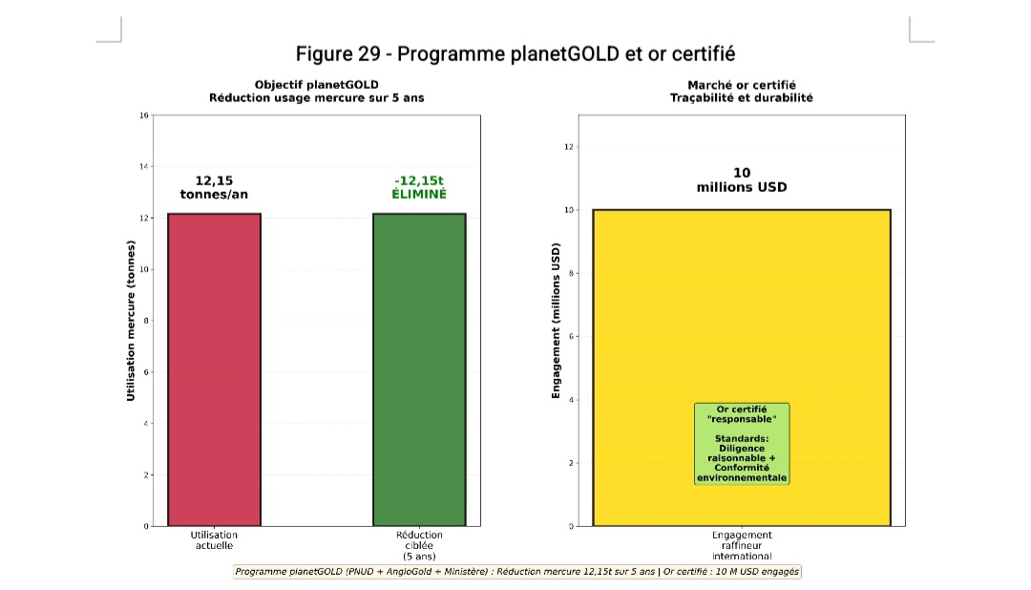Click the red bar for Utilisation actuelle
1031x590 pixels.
point(214,369)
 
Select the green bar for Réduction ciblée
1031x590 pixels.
point(418,369)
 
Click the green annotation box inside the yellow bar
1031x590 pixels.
point(742,443)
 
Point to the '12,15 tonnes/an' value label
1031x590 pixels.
point(214,187)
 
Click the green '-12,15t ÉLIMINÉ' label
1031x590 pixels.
point(419,187)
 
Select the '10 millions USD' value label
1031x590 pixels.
point(742,179)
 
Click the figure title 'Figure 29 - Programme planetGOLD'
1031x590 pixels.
point(515,53)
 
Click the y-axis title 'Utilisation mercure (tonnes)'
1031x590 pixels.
point(131,320)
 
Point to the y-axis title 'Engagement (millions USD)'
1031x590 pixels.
point(556,320)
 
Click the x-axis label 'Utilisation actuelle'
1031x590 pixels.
point(214,540)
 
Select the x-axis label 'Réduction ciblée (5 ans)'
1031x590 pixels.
point(419,545)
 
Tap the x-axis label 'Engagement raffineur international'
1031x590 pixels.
point(742,545)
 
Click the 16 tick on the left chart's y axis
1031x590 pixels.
point(144,116)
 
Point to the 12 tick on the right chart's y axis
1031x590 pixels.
point(569,147)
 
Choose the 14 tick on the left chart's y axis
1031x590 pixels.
point(144,167)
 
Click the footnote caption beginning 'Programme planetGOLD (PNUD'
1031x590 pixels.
point(517,571)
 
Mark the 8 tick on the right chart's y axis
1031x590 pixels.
point(571,274)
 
